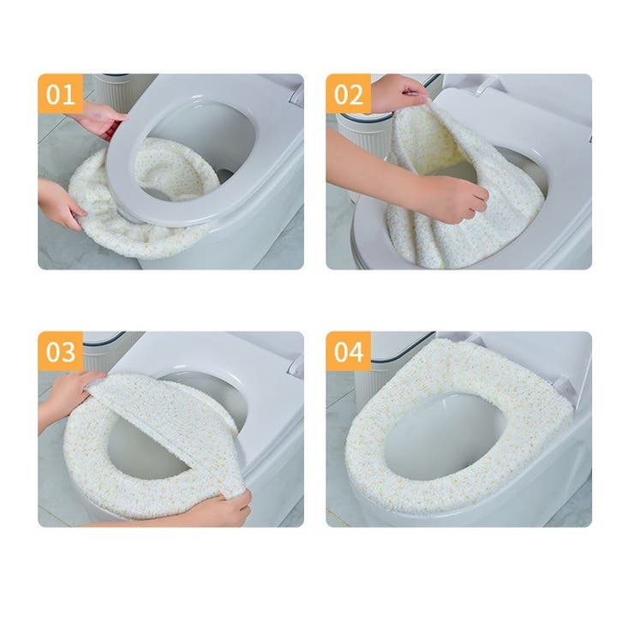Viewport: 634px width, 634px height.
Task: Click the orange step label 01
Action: click(x=61, y=93)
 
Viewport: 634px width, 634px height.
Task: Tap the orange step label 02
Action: click(x=349, y=93)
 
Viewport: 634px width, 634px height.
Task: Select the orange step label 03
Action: click(x=61, y=351)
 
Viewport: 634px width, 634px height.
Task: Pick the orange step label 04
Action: click(x=349, y=351)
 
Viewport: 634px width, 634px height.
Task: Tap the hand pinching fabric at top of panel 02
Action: click(x=398, y=93)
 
